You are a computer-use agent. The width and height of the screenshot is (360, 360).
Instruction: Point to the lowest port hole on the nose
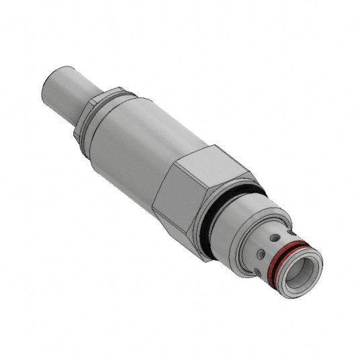261,255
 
